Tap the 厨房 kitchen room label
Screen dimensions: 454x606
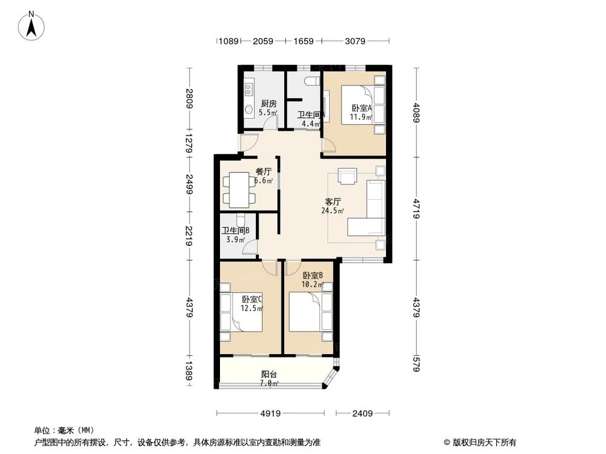(x=268, y=104)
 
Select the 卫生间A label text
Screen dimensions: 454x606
(x=311, y=114)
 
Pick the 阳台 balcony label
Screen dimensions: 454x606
(x=268, y=374)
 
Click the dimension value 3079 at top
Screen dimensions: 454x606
(x=355, y=42)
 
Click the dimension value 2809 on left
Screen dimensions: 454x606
(x=190, y=99)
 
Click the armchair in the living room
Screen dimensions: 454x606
(x=348, y=175)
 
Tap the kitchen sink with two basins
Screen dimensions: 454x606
(x=248, y=89)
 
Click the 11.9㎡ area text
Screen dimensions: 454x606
(x=362, y=117)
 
